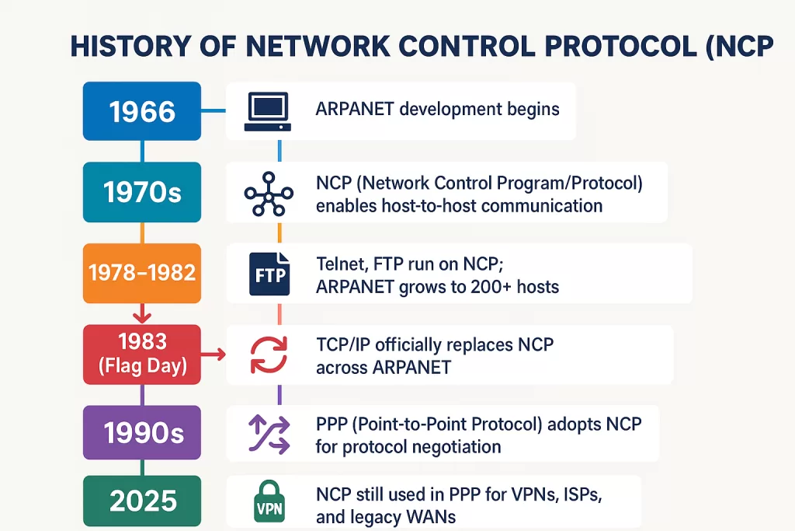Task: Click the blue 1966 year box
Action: pyautogui.click(x=142, y=111)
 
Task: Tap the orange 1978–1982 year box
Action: pyautogui.click(x=142, y=273)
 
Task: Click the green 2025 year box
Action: pyautogui.click(x=142, y=501)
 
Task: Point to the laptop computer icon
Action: pyautogui.click(x=267, y=111)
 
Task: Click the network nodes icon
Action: pyautogui.click(x=268, y=194)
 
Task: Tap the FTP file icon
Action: pyautogui.click(x=269, y=274)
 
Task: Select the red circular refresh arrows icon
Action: pyautogui.click(x=268, y=355)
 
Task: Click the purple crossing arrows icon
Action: pyautogui.click(x=268, y=435)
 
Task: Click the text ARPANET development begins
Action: pyautogui.click(x=437, y=109)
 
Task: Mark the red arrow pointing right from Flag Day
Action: pyautogui.click(x=214, y=355)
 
